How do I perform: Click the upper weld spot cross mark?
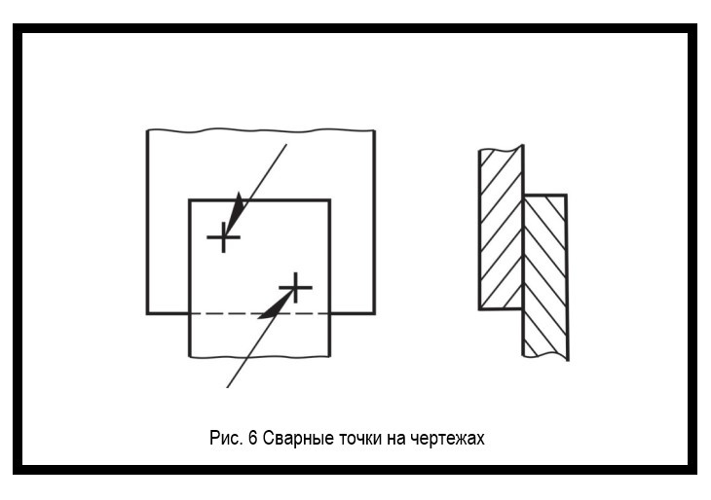point(223,236)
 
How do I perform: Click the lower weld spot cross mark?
point(295,287)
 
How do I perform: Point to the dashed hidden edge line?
point(259,313)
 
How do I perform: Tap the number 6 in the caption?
point(252,438)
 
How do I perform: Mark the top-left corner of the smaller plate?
point(190,200)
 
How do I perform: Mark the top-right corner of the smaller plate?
point(330,200)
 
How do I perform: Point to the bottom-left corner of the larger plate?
point(148,313)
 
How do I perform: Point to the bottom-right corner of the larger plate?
point(374,313)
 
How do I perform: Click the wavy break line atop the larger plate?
point(261,130)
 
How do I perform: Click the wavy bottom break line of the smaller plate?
point(260,356)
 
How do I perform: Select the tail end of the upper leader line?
point(286,145)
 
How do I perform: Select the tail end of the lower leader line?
point(228,386)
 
